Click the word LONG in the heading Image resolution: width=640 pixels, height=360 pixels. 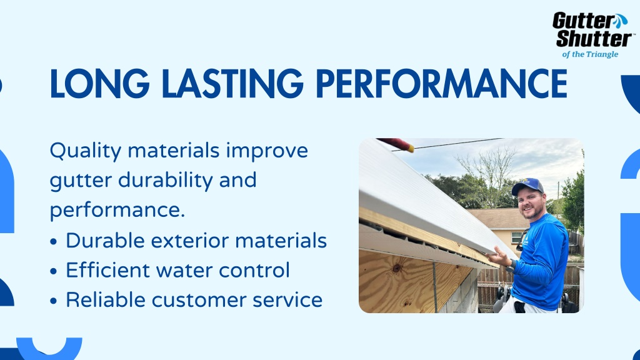pyautogui.click(x=99, y=84)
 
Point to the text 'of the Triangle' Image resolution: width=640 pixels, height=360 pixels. pyautogui.click(x=590, y=54)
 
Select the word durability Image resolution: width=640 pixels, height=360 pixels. pyautogui.click(x=165, y=180)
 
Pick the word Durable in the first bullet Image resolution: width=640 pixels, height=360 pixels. pyautogui.click(x=105, y=241)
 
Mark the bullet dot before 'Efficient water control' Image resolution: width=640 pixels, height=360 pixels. pyautogui.click(x=54, y=271)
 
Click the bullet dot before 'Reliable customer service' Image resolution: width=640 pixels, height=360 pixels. pyautogui.click(x=54, y=301)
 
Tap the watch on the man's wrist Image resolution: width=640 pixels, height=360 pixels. pyautogui.click(x=511, y=266)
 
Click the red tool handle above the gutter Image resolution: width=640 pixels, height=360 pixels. pyautogui.click(x=396, y=144)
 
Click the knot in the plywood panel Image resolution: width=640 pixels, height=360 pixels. pyautogui.click(x=396, y=268)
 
